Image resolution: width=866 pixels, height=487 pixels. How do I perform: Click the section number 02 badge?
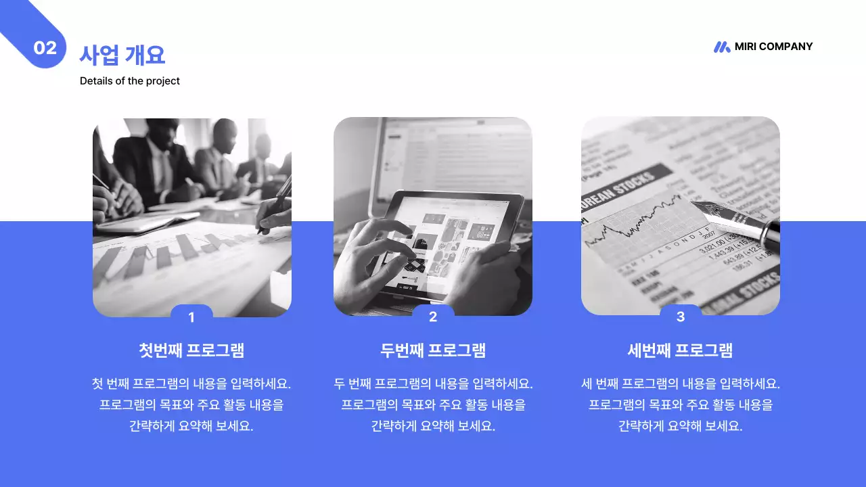click(x=45, y=48)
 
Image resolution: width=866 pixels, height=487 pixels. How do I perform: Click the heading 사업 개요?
click(x=122, y=54)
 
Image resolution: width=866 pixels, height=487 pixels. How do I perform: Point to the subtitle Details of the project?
click(x=130, y=81)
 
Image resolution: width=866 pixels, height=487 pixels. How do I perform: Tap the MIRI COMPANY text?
click(x=773, y=47)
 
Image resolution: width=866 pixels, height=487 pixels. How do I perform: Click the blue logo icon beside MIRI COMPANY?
click(x=722, y=47)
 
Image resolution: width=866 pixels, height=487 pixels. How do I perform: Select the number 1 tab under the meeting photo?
click(x=191, y=317)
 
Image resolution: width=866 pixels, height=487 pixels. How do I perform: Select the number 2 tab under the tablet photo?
click(x=433, y=316)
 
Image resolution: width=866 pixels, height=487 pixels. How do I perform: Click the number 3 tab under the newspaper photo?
click(x=681, y=316)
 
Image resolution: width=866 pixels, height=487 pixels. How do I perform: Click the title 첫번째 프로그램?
click(x=191, y=350)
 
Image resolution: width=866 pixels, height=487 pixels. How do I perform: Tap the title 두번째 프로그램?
click(x=433, y=350)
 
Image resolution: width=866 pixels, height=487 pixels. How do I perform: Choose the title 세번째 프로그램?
click(x=681, y=350)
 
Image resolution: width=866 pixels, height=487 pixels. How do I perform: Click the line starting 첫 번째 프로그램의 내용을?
click(x=191, y=384)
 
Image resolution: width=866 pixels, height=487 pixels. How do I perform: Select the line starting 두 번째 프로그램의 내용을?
click(x=433, y=384)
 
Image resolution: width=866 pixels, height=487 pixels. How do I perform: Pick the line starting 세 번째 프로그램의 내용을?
click(x=681, y=384)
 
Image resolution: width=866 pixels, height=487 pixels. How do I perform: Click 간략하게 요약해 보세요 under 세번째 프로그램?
click(x=681, y=426)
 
